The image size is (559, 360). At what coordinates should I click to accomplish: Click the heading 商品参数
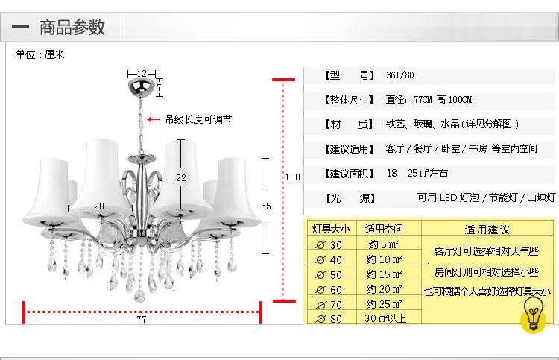click(x=72, y=28)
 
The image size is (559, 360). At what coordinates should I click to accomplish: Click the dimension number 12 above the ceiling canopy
click(x=142, y=73)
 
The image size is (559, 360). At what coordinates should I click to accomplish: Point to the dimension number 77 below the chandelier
click(x=142, y=319)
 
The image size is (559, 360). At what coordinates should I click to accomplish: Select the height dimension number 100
click(x=293, y=177)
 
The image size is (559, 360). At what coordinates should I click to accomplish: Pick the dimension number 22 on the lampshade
click(x=180, y=178)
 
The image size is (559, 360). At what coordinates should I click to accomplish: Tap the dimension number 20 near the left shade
click(x=99, y=206)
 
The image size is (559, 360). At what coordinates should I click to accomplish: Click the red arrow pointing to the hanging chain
click(x=154, y=119)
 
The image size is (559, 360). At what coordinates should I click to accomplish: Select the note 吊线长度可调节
click(x=198, y=119)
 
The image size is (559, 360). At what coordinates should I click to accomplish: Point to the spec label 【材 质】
click(x=348, y=124)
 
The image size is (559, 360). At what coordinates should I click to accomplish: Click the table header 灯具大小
click(x=330, y=229)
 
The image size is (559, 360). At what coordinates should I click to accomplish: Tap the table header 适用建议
click(x=487, y=230)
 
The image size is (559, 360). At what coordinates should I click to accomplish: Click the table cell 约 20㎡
click(x=385, y=289)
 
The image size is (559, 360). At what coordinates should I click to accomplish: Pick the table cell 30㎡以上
click(x=384, y=318)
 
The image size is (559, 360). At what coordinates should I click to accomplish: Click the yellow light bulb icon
click(x=533, y=314)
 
